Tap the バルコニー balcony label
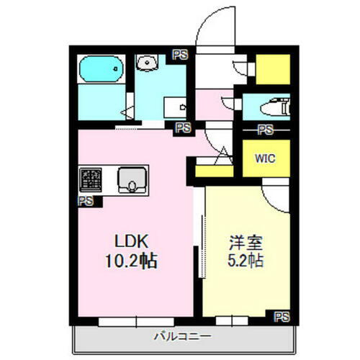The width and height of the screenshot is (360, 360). (181, 336)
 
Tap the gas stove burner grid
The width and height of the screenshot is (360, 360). (90, 177)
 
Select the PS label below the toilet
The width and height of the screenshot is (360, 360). (266, 130)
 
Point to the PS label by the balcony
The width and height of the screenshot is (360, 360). (282, 315)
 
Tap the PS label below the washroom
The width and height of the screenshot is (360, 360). (183, 128)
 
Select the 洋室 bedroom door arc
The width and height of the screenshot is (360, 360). (274, 193)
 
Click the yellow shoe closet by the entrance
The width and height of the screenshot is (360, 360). (272, 69)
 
